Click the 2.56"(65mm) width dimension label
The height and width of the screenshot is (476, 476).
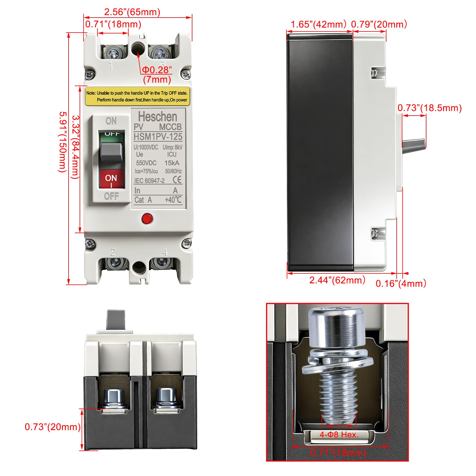click(132, 12)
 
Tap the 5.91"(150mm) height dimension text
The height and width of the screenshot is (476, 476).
click(63, 142)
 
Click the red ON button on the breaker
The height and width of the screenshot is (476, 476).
click(111, 179)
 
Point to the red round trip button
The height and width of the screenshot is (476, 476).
click(147, 219)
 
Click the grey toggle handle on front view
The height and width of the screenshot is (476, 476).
click(111, 152)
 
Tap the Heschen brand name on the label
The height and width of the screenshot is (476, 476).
click(158, 116)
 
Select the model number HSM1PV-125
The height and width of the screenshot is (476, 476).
click(158, 137)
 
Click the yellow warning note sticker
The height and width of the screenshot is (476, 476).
click(137, 96)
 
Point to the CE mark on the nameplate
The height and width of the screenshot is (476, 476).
click(177, 180)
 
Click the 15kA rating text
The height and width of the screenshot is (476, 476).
click(172, 163)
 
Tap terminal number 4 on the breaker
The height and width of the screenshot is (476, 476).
click(165, 252)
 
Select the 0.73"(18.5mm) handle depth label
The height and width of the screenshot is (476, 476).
click(430, 108)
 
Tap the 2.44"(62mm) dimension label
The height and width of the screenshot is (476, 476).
click(337, 280)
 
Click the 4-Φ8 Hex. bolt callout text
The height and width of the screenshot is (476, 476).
click(339, 434)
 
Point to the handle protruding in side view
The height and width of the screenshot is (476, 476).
click(414, 146)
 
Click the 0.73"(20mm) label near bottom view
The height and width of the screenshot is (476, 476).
click(53, 427)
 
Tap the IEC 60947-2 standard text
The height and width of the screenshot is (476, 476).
click(149, 181)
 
